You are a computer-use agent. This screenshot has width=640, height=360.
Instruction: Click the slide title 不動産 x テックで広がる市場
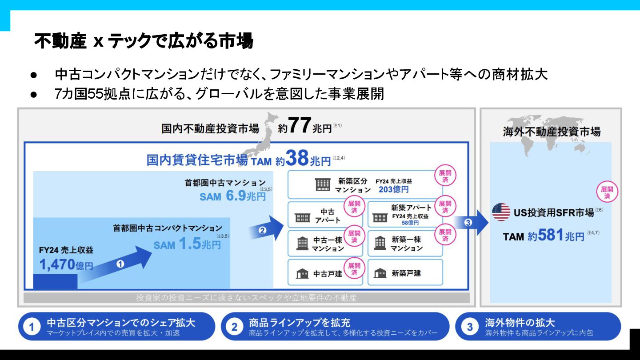coord(144,41)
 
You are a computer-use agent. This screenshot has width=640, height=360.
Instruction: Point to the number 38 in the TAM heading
coord(297,158)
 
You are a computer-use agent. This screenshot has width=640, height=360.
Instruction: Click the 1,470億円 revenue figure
coord(66,265)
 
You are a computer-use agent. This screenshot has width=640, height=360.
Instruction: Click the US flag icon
coord(501,212)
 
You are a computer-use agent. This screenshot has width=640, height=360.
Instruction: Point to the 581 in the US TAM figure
coord(551,235)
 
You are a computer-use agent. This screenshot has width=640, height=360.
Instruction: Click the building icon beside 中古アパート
coord(302,217)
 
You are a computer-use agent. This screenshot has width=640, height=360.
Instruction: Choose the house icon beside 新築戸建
coord(380,273)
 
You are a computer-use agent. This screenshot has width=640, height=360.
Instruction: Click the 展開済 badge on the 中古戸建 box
coord(354,269)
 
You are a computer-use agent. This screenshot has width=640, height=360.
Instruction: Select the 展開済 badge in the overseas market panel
coord(607,192)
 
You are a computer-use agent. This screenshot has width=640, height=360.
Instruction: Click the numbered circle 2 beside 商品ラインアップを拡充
coord(234,327)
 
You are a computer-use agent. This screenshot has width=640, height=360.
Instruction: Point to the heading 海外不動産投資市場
coord(552,132)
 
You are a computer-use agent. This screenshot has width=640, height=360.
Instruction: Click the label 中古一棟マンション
coord(328,244)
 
